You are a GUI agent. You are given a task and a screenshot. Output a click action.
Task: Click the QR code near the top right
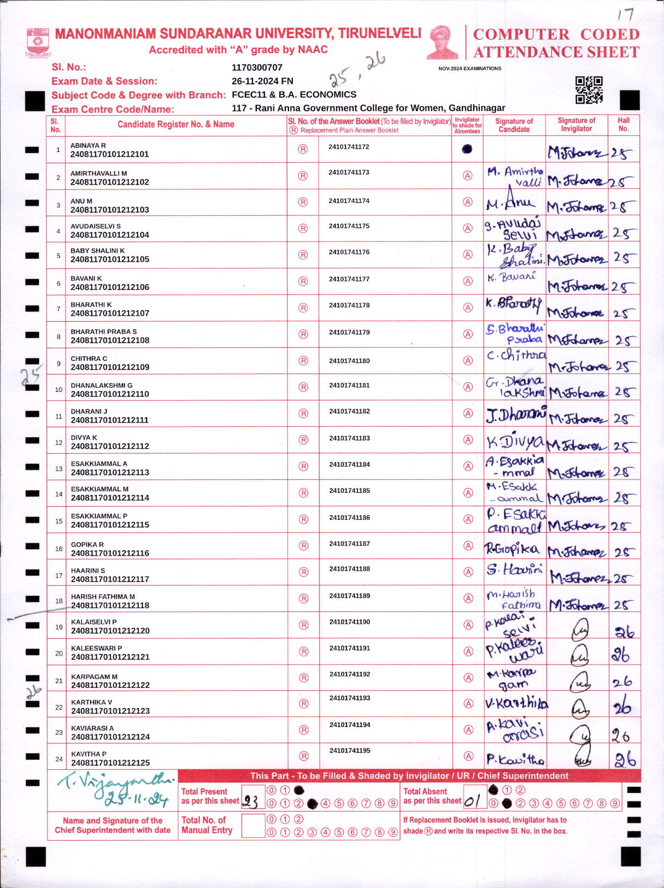pos(589,90)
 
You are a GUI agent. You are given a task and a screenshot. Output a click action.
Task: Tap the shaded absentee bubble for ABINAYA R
pos(467,149)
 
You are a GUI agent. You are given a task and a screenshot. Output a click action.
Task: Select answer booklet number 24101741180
pos(349,361)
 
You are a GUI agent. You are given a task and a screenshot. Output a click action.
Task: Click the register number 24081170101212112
pos(110,446)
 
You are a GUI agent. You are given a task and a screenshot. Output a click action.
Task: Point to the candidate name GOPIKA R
pos(88,544)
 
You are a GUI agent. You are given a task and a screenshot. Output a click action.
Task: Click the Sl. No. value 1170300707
pos(257,68)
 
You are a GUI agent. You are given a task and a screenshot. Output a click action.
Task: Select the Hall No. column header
pos(623,125)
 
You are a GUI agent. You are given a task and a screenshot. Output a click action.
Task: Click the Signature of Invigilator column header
pos(576,125)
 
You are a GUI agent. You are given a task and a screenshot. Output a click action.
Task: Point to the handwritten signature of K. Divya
pos(514,442)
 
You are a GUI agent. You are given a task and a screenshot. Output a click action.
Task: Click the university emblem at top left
pos(38,42)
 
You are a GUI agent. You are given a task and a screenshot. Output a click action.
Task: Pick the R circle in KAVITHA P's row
pos(304,756)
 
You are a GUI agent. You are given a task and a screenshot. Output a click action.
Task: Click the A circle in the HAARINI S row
pos(468,572)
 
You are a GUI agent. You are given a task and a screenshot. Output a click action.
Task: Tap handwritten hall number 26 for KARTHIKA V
pos(622,708)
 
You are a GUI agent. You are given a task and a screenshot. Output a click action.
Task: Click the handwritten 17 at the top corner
pos(625,14)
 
